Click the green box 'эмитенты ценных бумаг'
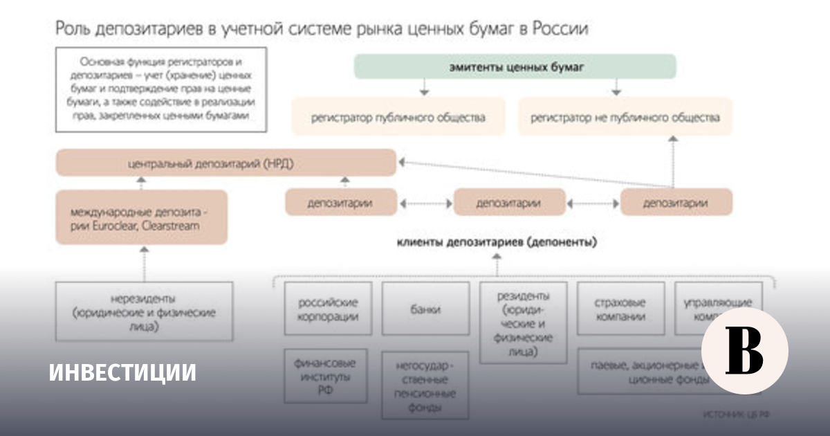[515, 66]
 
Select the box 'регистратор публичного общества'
[398, 117]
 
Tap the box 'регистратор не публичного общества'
[625, 117]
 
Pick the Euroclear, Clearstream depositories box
[141, 217]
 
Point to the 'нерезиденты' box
[144, 311]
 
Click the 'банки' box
[425, 309]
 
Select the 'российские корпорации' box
[328, 309]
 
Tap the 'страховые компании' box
[620, 309]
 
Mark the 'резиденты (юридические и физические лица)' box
[523, 322]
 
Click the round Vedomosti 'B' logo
[744, 350]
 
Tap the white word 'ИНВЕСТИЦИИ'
[122, 372]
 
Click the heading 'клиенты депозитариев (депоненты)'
[497, 242]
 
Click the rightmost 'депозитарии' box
[676, 203]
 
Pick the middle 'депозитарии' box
[509, 203]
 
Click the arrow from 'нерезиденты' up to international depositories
[144, 262]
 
